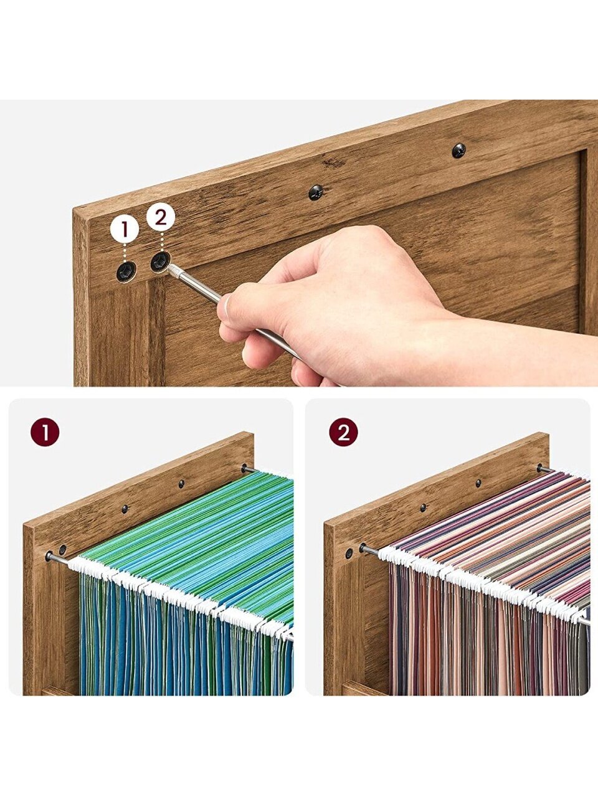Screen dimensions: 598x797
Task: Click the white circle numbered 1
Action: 125,229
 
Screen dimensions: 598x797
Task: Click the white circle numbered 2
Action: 161,218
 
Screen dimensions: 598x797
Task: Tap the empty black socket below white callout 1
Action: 126,271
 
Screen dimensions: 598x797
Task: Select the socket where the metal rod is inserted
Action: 160,261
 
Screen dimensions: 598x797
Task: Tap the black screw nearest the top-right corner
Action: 459,151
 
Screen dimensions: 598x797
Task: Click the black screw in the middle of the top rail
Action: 316,192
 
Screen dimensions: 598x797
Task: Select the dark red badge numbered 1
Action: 45,432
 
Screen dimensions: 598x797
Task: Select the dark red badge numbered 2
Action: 343,432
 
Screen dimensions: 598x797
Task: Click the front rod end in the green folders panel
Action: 49,556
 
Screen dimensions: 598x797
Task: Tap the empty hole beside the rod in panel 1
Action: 63,549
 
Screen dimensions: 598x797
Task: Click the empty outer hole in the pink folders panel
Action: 349,554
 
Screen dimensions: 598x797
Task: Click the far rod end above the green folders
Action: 244,468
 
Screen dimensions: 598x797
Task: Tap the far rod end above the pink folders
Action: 540,468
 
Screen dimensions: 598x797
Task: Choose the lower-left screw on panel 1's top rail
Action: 125,509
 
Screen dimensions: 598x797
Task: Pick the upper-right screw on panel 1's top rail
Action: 181,484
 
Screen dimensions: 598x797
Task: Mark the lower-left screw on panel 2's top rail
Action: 423,507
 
